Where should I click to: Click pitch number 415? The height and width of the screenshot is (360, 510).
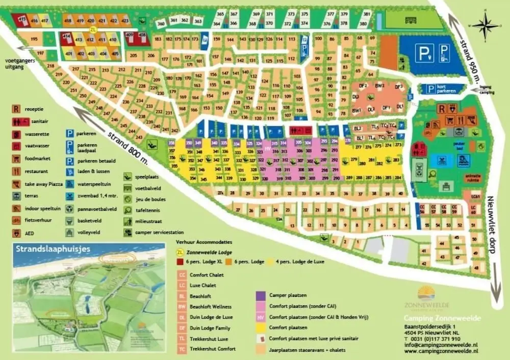(22, 20)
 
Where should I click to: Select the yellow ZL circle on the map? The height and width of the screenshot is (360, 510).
(92, 29)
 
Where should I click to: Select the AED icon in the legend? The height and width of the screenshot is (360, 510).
(17, 233)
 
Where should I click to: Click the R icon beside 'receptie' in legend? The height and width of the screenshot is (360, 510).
(17, 109)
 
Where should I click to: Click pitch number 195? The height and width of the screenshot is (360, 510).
(35, 39)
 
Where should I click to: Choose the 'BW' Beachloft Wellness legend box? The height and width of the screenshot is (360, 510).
(182, 306)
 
